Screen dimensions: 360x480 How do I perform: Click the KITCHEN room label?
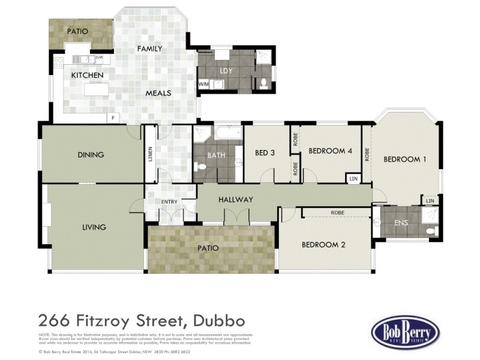pyautogui.click(x=88, y=75)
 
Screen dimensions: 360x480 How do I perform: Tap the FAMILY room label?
pyautogui.click(x=150, y=49)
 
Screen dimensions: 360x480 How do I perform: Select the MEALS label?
pyautogui.click(x=158, y=93)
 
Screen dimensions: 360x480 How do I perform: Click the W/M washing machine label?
pyautogui.click(x=203, y=84)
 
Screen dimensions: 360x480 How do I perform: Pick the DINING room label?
pyautogui.click(x=91, y=155)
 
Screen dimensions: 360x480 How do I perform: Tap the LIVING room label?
pyautogui.click(x=94, y=227)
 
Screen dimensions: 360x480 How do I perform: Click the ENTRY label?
pyautogui.click(x=169, y=202)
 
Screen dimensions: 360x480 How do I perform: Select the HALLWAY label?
pyautogui.click(x=236, y=199)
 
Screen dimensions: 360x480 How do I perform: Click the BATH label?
pyautogui.click(x=216, y=155)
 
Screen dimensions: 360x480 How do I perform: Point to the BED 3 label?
pyautogui.click(x=265, y=152)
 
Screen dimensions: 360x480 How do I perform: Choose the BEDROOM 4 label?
pyautogui.click(x=330, y=151)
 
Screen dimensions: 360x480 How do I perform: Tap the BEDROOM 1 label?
pyautogui.click(x=405, y=159)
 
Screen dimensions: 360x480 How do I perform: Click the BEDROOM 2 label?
pyautogui.click(x=323, y=244)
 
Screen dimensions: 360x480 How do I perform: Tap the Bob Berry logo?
pyautogui.click(x=405, y=331)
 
